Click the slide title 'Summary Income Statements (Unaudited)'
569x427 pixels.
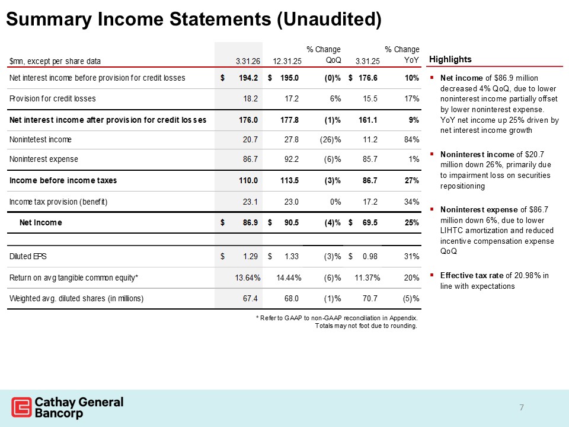194,19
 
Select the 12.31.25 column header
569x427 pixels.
287,61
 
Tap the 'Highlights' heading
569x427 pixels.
450,59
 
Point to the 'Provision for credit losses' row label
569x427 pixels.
53,98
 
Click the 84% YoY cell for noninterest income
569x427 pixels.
411,139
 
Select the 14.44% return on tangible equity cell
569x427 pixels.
286,277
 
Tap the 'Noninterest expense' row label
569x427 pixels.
44,160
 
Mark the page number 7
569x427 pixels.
522,407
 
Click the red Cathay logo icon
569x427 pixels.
21,408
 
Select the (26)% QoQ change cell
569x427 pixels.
329,139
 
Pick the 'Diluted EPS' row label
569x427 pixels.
28,256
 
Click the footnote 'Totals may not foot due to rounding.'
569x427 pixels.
367,326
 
